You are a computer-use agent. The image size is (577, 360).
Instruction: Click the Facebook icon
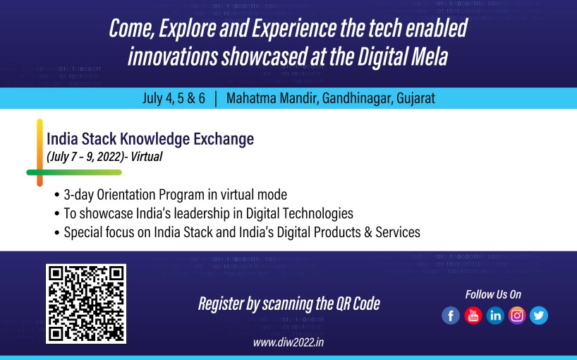point(451,316)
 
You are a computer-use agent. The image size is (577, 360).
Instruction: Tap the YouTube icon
point(473,316)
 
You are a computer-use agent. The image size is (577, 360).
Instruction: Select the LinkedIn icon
point(495,316)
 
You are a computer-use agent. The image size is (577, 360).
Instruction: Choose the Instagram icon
point(517,316)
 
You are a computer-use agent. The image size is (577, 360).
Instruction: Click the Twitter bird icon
point(539,316)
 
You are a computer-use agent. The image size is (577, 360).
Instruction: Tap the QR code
point(86,304)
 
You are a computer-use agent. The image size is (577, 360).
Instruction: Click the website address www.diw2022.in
point(288,342)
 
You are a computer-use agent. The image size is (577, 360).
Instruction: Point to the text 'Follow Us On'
point(493,294)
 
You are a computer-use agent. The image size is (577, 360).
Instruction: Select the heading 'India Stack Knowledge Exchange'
point(150,139)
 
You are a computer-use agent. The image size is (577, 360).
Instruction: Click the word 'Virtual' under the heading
point(147,157)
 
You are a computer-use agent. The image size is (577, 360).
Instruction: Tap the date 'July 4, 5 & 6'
point(174,98)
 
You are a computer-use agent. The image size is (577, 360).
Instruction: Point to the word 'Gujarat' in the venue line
point(416,98)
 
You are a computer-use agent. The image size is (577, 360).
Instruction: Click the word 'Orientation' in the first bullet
point(126,195)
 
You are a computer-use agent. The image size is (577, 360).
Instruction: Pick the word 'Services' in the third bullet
point(398,232)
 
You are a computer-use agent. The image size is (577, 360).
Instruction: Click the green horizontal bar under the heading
point(74,172)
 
